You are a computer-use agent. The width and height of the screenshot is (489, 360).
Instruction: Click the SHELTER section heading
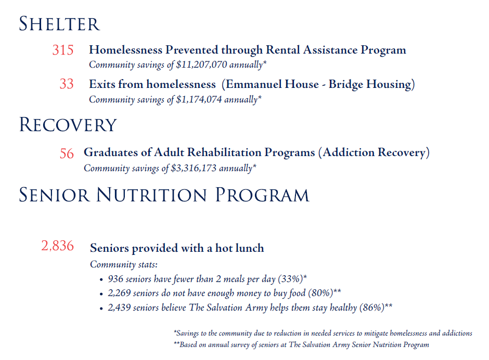(60, 24)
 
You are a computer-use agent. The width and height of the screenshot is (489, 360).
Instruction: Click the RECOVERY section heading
(68, 125)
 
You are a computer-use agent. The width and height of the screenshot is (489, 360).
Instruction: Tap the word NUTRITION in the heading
(151, 195)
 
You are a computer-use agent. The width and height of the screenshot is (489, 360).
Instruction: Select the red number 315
(62, 50)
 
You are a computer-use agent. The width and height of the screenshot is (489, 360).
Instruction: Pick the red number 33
(67, 84)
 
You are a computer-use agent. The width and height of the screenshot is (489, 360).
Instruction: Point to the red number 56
(67, 153)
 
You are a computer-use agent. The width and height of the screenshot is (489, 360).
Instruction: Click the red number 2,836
(57, 246)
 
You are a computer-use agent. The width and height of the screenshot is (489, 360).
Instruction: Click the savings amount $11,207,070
(201, 65)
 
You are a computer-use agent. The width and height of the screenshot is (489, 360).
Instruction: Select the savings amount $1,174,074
(199, 99)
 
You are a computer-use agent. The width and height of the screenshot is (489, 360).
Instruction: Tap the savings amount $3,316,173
(194, 168)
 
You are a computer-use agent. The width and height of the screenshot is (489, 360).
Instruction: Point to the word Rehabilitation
(224, 152)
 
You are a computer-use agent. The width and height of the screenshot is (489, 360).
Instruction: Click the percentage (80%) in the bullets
(320, 293)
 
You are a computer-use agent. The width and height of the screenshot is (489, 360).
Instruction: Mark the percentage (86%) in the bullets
(372, 307)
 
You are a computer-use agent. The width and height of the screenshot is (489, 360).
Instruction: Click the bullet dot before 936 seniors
(101, 280)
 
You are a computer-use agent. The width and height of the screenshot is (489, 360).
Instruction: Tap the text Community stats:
(124, 265)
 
